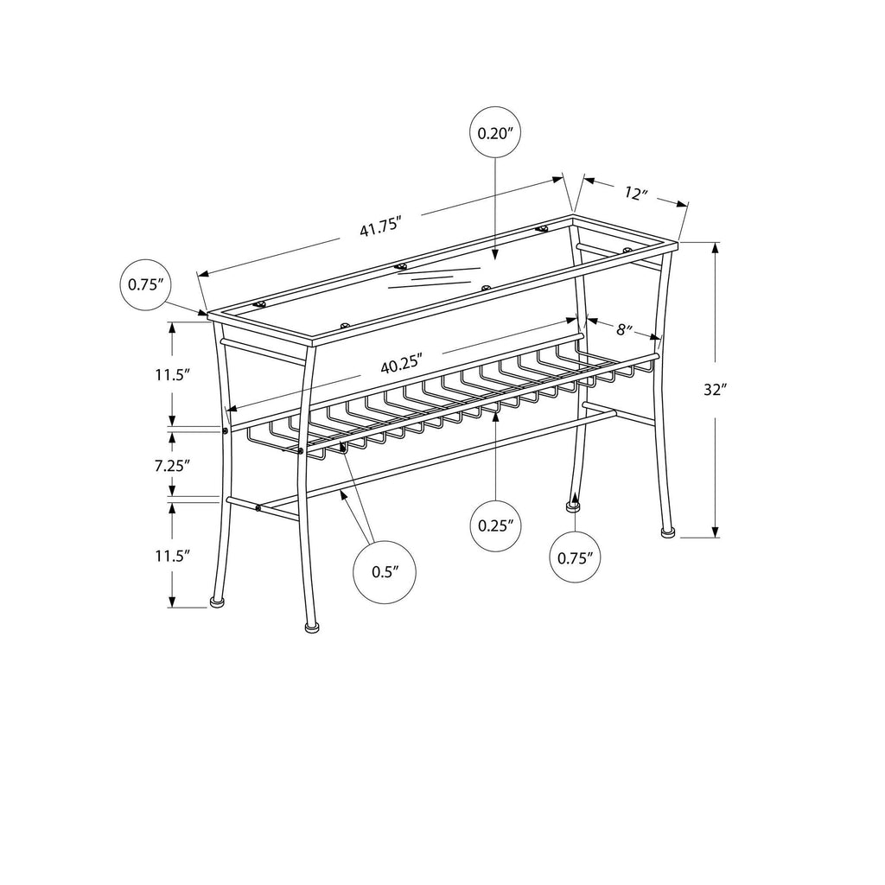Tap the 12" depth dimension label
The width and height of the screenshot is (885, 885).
636,194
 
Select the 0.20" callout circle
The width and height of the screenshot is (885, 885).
495,133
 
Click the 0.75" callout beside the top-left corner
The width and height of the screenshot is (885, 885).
145,284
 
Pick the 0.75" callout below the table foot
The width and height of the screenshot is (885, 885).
575,557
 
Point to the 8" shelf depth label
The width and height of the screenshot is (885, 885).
624,329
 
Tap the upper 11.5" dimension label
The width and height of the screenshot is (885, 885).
172,374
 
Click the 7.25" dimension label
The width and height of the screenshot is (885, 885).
172,465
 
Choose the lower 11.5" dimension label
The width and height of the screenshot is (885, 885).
172,556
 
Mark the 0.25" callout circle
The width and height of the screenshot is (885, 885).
495,525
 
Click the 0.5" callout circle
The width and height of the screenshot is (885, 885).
385,572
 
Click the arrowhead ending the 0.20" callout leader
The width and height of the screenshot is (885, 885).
495,255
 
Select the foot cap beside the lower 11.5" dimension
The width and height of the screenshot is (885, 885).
217,602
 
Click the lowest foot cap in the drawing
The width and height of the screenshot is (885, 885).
311,627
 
